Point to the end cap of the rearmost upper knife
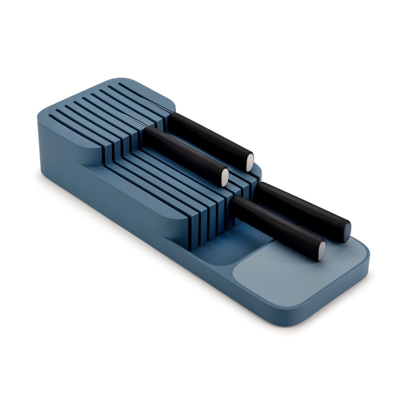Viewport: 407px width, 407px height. coord(249,161)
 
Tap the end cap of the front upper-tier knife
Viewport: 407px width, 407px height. coord(225,177)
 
